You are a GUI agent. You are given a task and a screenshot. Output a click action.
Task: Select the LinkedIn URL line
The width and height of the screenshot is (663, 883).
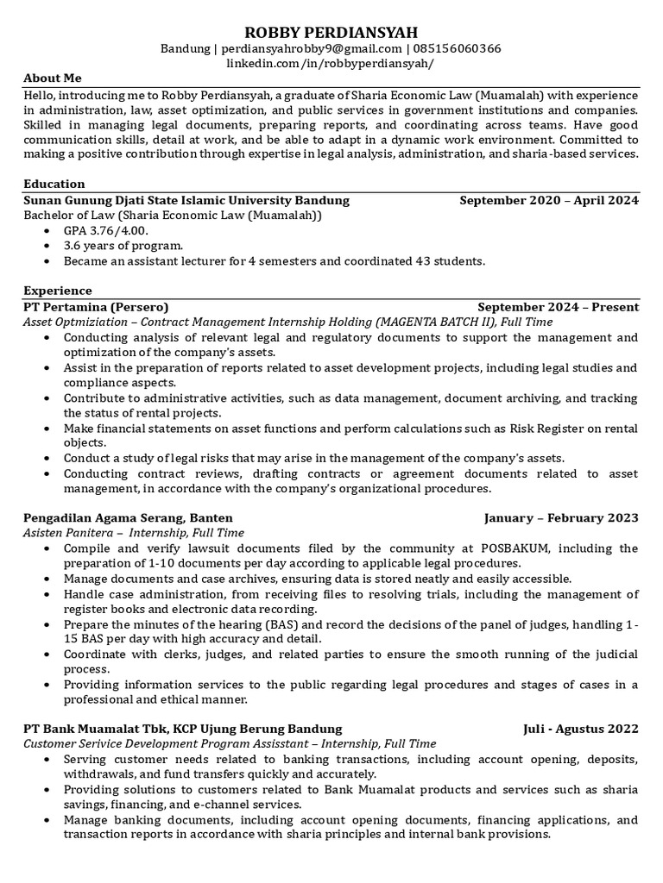tap(331, 64)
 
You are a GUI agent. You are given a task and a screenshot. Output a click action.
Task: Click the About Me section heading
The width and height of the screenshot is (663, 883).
tap(52, 78)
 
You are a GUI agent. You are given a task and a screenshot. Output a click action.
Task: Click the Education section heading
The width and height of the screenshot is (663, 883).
tap(54, 184)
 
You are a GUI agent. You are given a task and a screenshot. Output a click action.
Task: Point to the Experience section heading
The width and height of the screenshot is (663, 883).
tap(57, 291)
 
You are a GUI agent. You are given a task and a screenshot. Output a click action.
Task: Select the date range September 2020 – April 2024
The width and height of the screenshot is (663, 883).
tap(549, 200)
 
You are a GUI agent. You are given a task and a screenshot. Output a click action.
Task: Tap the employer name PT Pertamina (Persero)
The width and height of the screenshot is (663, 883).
tap(96, 307)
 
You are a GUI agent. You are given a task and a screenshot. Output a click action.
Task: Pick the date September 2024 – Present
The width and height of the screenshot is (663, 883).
tap(558, 307)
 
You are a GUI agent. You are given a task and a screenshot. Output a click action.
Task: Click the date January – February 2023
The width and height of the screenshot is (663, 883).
tap(561, 517)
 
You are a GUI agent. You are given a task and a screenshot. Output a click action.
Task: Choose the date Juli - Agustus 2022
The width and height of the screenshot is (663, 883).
tap(581, 729)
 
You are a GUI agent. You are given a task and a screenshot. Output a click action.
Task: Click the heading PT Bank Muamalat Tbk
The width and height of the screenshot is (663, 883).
tap(96, 729)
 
